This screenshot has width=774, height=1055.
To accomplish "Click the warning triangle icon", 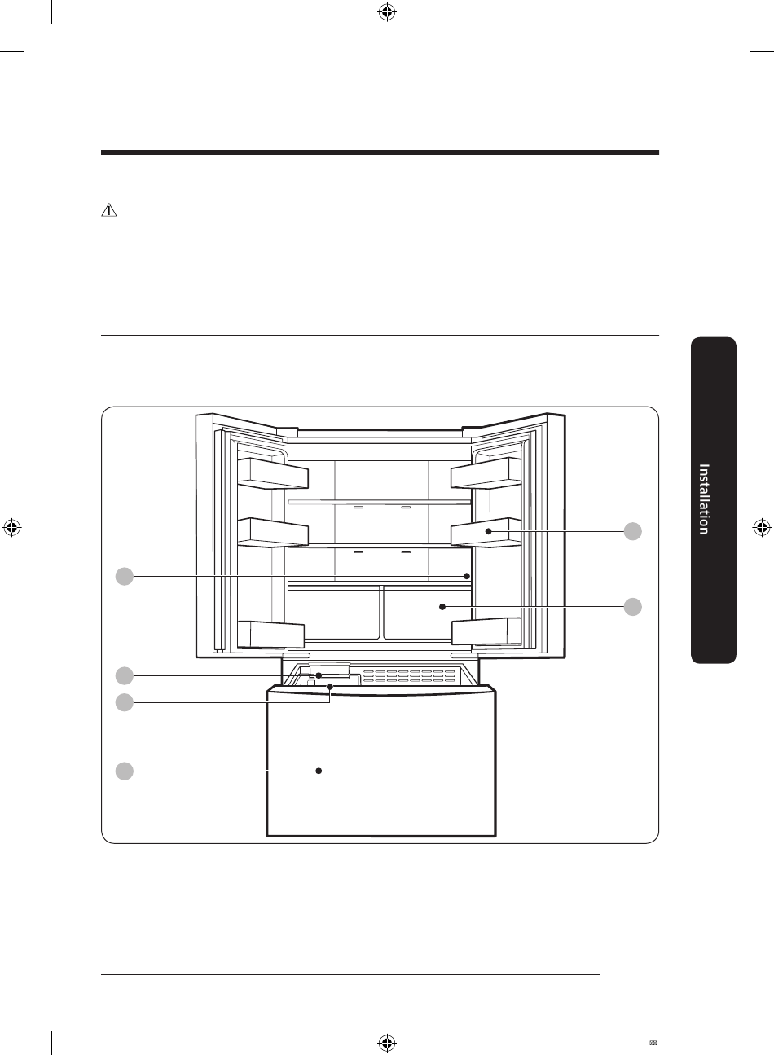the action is (109, 209).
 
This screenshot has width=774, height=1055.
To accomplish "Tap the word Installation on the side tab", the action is (704, 499).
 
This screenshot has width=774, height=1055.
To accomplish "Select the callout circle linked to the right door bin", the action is (633, 531).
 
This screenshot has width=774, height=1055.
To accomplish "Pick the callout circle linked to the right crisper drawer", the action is (633, 607).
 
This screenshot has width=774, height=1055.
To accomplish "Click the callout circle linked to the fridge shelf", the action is (125, 577).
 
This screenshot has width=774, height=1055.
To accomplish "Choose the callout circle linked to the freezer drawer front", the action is (125, 771).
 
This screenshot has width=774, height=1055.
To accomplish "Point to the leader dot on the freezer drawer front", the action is (319, 771).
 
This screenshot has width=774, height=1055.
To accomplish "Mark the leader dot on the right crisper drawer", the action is (442, 607).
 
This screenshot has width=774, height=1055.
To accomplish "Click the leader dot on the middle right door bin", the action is (489, 531).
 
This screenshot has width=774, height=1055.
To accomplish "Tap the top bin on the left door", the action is (273, 473).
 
